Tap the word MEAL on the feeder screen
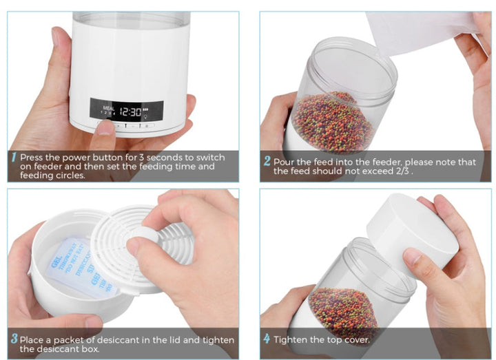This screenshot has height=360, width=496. pyautogui.click(x=107, y=107)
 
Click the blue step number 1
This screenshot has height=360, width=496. pyautogui.click(x=14, y=158)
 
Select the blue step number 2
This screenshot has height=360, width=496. pyautogui.click(x=267, y=162)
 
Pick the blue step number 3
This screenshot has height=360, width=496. pyautogui.click(x=14, y=340)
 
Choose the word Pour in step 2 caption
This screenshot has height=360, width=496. pyautogui.click(x=284, y=162)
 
